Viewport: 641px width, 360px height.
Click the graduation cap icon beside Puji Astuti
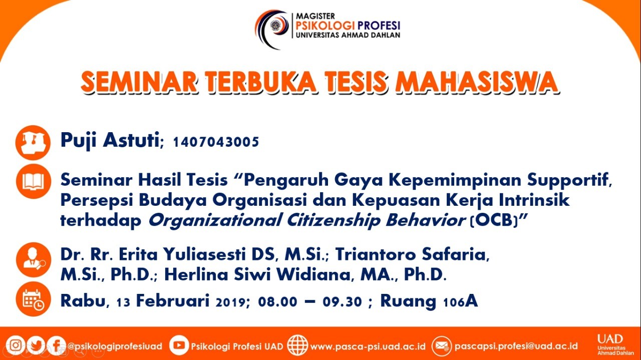(x=33, y=143)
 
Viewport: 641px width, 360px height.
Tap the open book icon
(x=34, y=181)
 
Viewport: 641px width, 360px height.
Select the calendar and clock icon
(x=34, y=299)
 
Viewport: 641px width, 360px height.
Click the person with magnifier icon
(x=34, y=260)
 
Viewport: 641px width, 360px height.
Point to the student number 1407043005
(x=216, y=142)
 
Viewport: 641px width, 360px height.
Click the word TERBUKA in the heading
(x=261, y=82)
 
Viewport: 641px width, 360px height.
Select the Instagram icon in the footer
(x=16, y=345)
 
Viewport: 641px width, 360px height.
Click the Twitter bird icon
(x=36, y=345)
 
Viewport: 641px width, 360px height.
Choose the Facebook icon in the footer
(x=57, y=345)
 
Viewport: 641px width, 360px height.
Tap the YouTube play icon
(x=179, y=345)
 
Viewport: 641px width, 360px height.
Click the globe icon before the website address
(x=297, y=345)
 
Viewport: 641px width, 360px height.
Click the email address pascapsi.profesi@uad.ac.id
(x=516, y=346)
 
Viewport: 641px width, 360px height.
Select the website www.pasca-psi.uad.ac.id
(x=368, y=346)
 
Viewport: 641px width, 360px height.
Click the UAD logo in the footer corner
(x=615, y=345)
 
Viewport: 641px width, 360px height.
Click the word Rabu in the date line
(x=83, y=301)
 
